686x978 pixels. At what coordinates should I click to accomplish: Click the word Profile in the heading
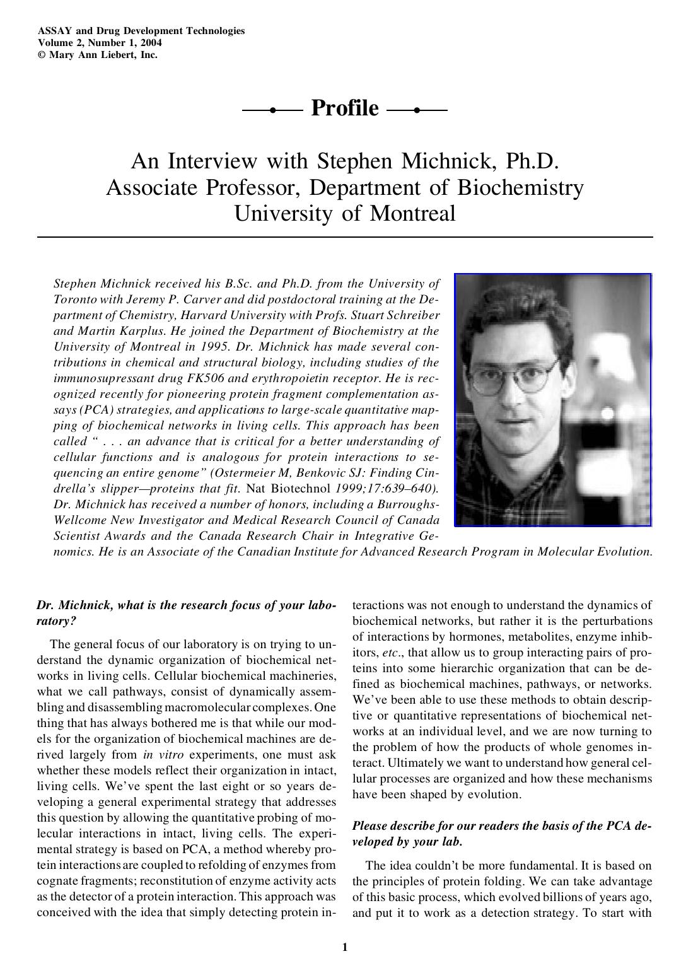345,108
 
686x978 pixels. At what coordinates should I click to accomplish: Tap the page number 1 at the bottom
344,946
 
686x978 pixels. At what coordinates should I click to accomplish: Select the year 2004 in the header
151,42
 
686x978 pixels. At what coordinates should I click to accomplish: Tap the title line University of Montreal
344,213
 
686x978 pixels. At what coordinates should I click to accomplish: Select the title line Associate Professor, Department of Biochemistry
344,187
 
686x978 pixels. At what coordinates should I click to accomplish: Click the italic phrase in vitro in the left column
154,754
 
